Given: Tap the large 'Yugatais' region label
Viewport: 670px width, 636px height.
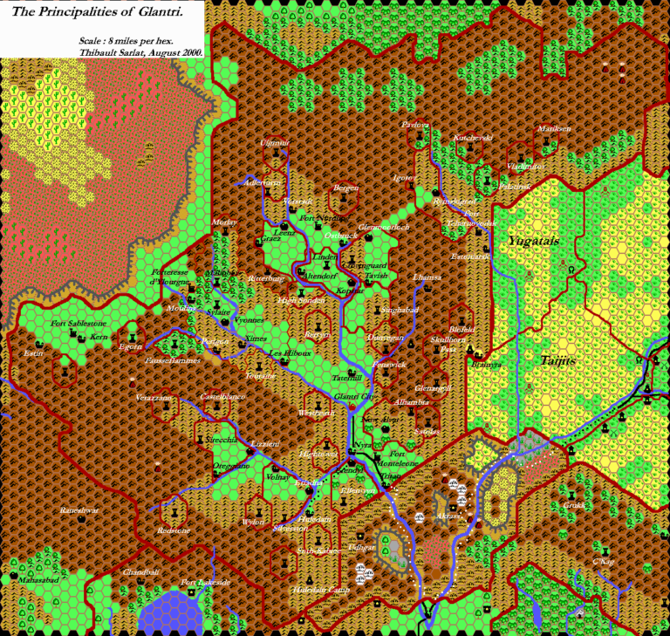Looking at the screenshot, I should [535, 239].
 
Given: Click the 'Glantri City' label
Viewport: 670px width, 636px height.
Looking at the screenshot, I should [354, 397].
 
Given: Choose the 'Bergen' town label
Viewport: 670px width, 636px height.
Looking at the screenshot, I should [346, 188].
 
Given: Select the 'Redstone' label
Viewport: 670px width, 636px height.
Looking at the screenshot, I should [174, 530].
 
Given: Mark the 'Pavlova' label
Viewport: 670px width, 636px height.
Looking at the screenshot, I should [415, 125].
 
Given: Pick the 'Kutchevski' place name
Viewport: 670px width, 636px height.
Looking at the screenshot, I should [473, 138].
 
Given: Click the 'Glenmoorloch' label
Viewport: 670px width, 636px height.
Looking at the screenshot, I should [384, 227].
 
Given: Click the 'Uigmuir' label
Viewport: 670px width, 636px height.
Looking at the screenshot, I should [275, 142].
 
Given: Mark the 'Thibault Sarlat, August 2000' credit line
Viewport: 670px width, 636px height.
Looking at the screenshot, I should [140, 52].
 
